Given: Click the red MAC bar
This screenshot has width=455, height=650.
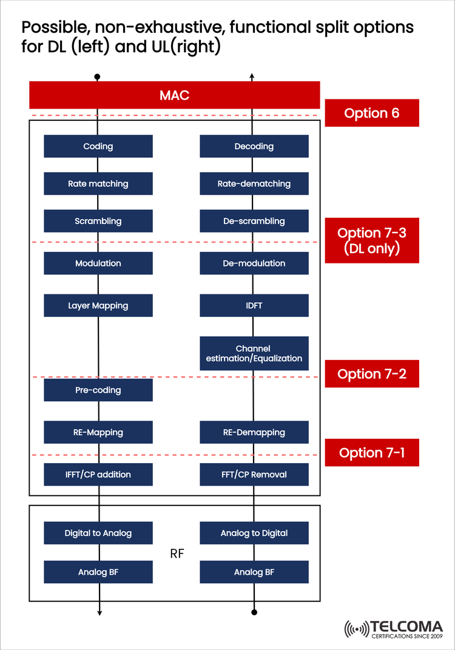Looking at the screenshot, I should [x=175, y=95].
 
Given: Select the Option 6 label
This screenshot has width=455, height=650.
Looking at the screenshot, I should [x=371, y=113].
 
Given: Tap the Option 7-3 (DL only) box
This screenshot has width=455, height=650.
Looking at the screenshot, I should [x=371, y=241].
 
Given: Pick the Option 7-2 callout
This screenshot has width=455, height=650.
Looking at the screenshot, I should [x=371, y=374].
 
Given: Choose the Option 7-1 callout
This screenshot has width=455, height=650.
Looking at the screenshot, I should [x=371, y=453].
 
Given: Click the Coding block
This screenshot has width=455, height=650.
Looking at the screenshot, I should [x=98, y=146].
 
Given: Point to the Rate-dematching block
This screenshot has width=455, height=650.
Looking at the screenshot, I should [x=254, y=183].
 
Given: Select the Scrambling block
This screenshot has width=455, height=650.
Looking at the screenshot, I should [x=98, y=221].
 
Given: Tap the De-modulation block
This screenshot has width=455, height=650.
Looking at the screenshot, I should [x=254, y=263].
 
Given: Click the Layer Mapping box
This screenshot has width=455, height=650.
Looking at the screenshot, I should [x=98, y=305].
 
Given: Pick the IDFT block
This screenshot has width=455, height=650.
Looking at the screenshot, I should [x=254, y=305].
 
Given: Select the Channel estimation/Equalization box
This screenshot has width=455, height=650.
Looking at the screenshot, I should [x=254, y=353].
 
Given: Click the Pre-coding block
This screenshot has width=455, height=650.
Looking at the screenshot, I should [x=98, y=390].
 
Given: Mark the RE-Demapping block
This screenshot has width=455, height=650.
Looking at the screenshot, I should [x=254, y=432].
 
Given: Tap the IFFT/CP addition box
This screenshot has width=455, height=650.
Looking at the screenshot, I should [x=98, y=474].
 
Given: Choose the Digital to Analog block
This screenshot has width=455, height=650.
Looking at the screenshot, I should [x=98, y=533].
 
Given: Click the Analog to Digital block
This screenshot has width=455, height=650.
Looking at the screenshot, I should [x=254, y=533].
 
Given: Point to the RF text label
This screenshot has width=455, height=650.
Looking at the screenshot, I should [x=177, y=554].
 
